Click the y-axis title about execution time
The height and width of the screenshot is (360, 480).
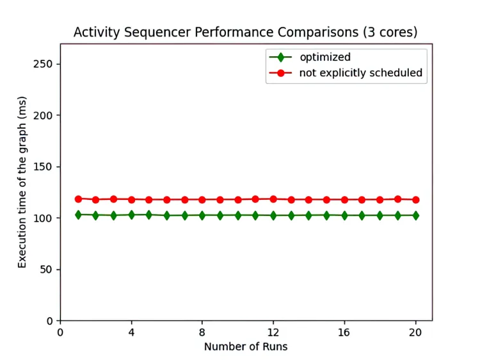point(22,182)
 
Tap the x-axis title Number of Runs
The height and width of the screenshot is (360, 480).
point(246,347)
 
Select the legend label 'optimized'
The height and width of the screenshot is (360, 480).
point(325,57)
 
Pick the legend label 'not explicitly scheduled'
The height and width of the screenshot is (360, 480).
point(361,73)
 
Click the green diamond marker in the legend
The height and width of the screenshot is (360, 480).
point(280,57)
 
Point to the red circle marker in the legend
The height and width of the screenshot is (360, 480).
point(280,73)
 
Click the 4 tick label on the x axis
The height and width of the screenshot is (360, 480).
point(131,333)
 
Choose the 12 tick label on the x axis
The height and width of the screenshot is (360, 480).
point(273,333)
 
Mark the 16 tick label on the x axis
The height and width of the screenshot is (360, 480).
point(344,333)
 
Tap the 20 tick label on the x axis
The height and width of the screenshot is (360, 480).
point(415,333)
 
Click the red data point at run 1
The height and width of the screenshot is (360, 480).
point(78,199)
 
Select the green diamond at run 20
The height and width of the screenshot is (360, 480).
point(415,215)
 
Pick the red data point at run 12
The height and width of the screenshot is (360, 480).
point(273,199)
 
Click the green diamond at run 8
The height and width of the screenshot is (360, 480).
point(202,215)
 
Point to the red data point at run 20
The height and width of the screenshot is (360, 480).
point(415,200)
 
